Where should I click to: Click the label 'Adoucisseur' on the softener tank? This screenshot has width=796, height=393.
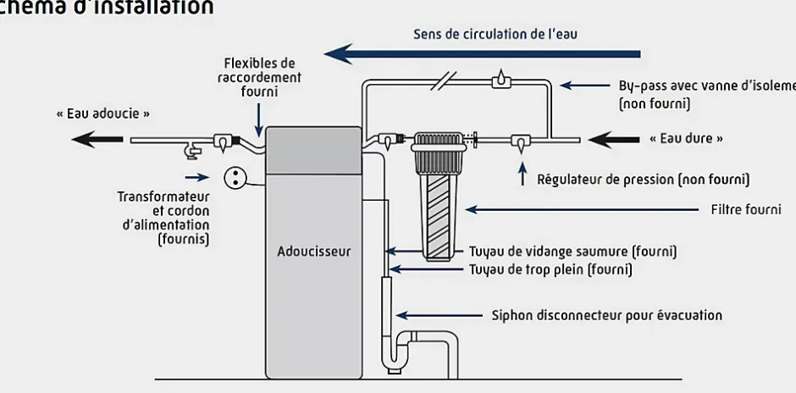pyautogui.click(x=313, y=252)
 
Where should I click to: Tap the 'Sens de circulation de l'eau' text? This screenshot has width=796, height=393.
pyautogui.click(x=495, y=35)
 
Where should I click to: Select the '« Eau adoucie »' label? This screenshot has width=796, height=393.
pyautogui.click(x=102, y=113)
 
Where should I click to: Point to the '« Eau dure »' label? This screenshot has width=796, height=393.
pyautogui.click(x=686, y=138)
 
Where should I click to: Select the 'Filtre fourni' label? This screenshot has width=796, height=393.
pyautogui.click(x=745, y=209)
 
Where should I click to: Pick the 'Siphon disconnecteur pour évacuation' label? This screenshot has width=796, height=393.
pyautogui.click(x=606, y=316)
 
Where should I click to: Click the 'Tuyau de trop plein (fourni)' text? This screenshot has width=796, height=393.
pyautogui.click(x=550, y=270)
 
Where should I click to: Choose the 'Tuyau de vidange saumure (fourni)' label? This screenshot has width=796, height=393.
pyautogui.click(x=572, y=252)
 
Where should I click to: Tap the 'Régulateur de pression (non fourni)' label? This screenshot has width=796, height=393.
pyautogui.click(x=643, y=180)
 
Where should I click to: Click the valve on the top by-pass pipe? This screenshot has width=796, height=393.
pyautogui.click(x=501, y=81)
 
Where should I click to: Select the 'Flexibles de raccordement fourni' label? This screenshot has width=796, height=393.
pyautogui.click(x=258, y=77)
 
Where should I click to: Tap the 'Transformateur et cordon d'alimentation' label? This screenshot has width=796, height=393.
pyautogui.click(x=163, y=218)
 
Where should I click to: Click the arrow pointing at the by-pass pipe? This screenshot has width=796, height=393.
pyautogui.click(x=583, y=86)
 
